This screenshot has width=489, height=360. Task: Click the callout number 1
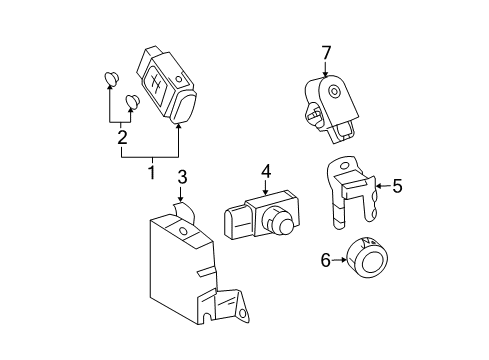151,172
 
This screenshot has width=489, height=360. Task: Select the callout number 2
122,138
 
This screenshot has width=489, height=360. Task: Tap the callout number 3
182,178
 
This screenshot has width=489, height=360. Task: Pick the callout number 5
396,185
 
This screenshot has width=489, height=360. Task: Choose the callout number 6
326,259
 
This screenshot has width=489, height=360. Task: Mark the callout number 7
325,52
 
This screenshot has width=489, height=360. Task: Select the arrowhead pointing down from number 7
325,73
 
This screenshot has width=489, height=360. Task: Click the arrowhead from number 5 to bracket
377,185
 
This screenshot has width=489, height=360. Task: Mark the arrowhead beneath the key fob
179,125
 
